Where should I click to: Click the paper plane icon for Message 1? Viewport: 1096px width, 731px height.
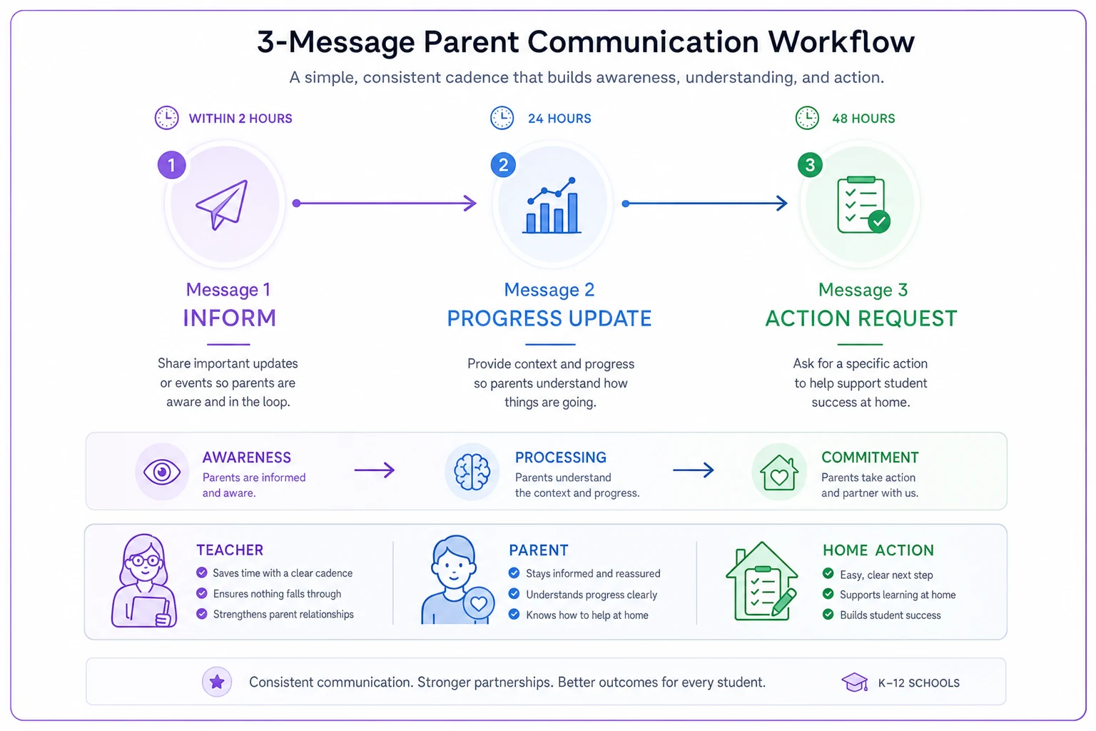point(222,204)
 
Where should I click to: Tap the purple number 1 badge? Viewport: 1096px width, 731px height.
point(172,165)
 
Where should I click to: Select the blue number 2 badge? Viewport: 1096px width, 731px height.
point(503,165)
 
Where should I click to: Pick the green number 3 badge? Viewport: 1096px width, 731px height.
point(810,165)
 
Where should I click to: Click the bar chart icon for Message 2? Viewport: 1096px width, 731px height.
point(552,205)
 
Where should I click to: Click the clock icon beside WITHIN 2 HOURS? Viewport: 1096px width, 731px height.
point(167,118)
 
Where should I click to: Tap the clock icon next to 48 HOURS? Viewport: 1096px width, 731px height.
point(807,118)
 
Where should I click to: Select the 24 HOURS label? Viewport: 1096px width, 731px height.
point(559,119)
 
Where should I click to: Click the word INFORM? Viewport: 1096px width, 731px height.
point(230,318)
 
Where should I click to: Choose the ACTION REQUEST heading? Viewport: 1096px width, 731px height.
point(861,318)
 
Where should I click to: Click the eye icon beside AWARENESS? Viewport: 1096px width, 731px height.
point(162,472)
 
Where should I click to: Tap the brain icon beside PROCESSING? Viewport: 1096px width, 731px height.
point(472,472)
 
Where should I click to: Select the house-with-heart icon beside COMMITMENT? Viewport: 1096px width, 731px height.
point(779,472)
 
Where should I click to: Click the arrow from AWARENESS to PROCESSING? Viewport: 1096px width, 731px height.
point(375,470)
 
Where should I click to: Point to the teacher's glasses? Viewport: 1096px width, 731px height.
point(144,560)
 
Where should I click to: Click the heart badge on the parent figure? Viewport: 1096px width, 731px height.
point(479,603)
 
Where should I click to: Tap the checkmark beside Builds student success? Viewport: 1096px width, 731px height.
point(828,615)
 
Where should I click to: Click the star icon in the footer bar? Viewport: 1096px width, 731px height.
point(217,682)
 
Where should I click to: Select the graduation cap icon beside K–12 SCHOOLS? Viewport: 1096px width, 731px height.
point(854,682)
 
